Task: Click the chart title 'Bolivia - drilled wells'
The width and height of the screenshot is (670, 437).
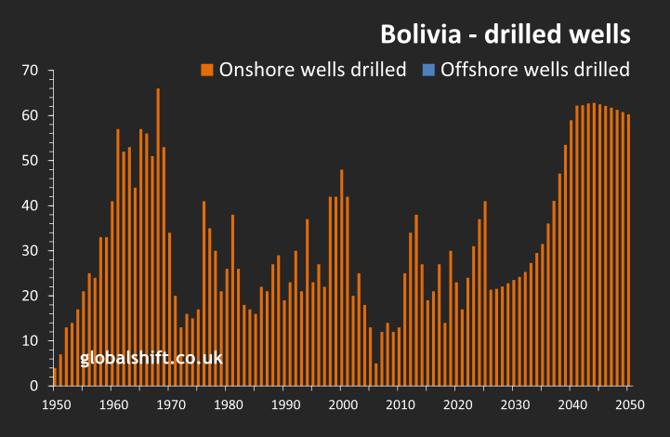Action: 506,34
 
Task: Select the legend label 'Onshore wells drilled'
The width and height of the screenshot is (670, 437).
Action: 312,70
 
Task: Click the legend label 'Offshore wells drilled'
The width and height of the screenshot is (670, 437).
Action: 535,70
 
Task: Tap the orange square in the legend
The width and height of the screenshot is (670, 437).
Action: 207,70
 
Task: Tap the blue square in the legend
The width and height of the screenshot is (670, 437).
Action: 429,70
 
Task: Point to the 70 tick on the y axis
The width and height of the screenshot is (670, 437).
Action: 29,71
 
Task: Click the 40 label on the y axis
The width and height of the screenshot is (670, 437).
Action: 29,205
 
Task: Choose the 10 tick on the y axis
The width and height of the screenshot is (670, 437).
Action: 29,340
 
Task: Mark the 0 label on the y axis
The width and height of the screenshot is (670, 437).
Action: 33,385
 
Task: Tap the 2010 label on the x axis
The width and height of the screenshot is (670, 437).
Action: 399,405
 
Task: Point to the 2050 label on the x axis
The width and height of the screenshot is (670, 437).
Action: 628,405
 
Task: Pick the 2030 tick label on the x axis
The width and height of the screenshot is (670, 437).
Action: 513,405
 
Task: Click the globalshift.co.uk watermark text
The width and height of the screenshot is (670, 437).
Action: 151,357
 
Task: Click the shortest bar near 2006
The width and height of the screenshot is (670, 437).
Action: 376,374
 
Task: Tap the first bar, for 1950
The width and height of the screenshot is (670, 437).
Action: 55,377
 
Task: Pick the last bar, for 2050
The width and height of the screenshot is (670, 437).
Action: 628,250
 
